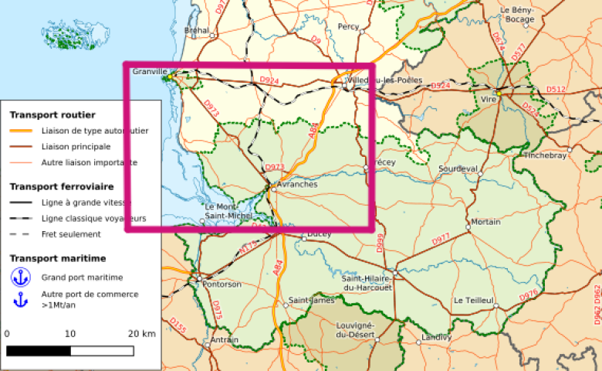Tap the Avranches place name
(x=296, y=184)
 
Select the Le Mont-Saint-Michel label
(x=228, y=210)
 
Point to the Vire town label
(x=489, y=100)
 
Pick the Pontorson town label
(x=222, y=284)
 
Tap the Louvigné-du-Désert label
(x=355, y=330)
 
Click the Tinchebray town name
(x=545, y=155)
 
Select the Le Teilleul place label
(x=474, y=300)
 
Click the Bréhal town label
(x=197, y=31)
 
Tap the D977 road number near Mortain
(x=440, y=240)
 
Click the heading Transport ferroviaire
(x=62, y=186)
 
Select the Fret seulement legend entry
(x=71, y=234)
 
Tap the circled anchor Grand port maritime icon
(x=20, y=277)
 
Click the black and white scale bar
(x=70, y=350)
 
